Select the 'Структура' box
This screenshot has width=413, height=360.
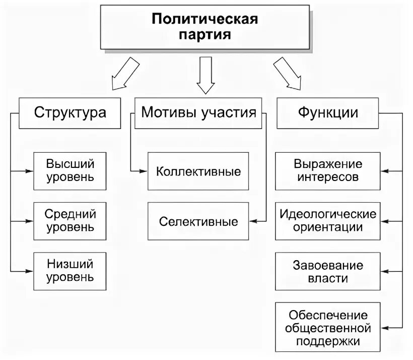point(70,112)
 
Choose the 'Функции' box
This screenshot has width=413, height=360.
point(328,112)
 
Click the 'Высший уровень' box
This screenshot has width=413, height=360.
point(70,171)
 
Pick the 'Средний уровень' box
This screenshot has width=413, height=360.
point(70,221)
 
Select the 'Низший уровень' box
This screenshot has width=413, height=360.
point(70,271)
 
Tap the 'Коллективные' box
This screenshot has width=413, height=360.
point(198,171)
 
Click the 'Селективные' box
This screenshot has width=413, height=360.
point(198,221)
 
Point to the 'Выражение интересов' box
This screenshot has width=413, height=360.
point(328,171)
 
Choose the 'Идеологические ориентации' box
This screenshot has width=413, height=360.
point(328,221)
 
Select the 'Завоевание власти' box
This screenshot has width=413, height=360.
point(328,271)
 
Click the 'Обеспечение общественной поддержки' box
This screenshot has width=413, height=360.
point(328,328)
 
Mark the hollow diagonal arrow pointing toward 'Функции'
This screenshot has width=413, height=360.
point(287,74)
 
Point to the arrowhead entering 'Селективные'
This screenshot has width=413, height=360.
point(254,221)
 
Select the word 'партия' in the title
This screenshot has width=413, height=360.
point(205,35)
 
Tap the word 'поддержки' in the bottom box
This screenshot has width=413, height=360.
point(328,341)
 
